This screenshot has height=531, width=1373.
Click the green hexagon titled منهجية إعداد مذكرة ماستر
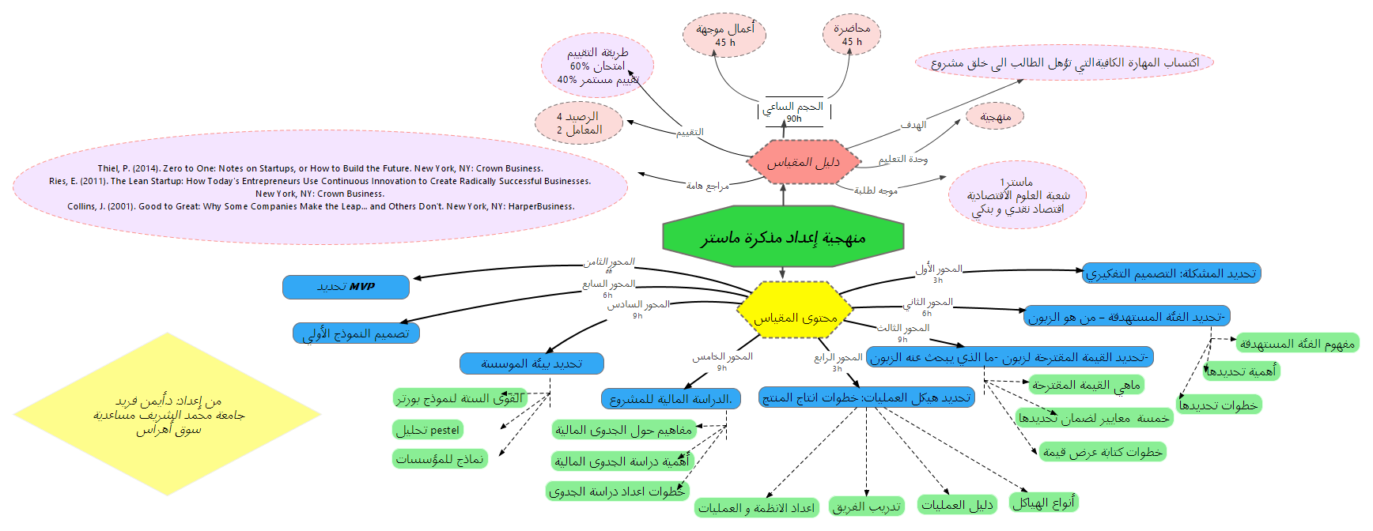pyautogui.click(x=783, y=237)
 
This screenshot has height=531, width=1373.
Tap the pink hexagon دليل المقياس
pyautogui.click(x=803, y=162)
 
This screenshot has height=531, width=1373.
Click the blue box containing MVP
pyautogui.click(x=346, y=287)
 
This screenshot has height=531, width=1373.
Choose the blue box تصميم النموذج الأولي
pyautogui.click(x=356, y=333)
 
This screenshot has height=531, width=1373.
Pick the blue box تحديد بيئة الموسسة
pyautogui.click(x=531, y=363)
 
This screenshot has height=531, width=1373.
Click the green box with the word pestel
pyautogui.click(x=428, y=430)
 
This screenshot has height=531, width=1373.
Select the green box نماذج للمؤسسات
pyautogui.click(x=440, y=459)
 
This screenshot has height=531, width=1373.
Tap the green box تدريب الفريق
pyautogui.click(x=867, y=507)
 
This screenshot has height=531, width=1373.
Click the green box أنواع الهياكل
pyautogui.click(x=1045, y=503)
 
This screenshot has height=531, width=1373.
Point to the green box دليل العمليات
pyautogui.click(x=957, y=505)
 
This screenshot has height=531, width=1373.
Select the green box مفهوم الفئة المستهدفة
pyautogui.click(x=1297, y=343)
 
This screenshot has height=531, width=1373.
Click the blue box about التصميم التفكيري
pyautogui.click(x=1171, y=273)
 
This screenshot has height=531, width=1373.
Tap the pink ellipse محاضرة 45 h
pyautogui.click(x=852, y=35)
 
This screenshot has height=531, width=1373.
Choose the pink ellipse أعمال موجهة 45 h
pyautogui.click(x=724, y=35)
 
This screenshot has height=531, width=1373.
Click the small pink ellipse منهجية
pyautogui.click(x=995, y=117)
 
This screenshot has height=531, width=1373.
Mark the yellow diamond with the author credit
pyautogui.click(x=168, y=414)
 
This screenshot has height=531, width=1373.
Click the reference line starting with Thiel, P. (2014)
pyautogui.click(x=320, y=168)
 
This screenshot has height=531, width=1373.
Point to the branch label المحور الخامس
pyautogui.click(x=723, y=356)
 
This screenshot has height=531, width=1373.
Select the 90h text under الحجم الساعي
pyautogui.click(x=793, y=119)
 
